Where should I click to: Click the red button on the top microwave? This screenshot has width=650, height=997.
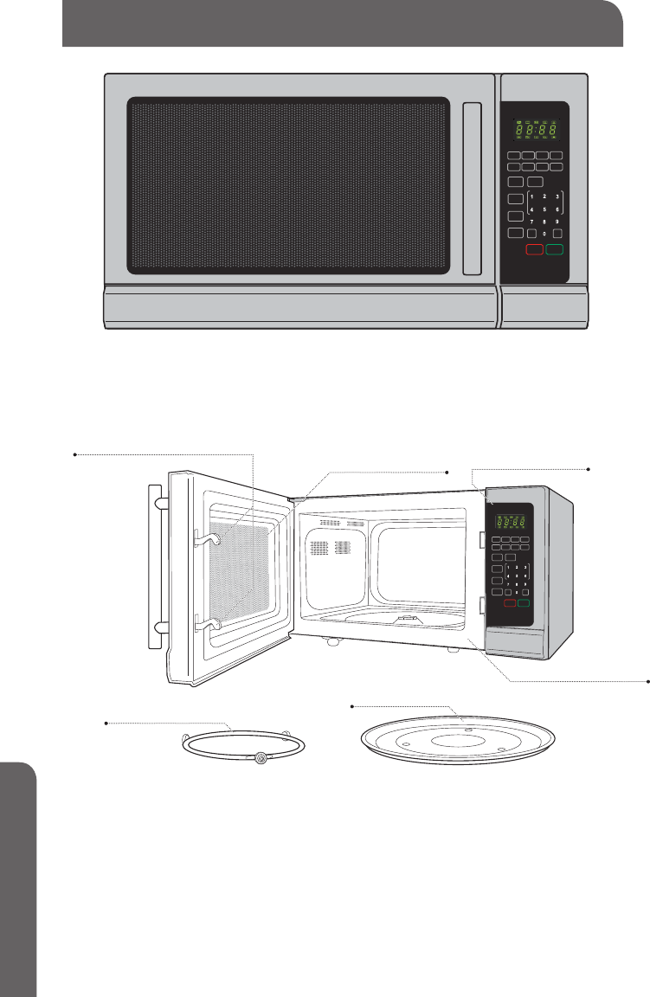(x=534, y=250)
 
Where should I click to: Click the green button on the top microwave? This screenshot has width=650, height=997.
(x=555, y=250)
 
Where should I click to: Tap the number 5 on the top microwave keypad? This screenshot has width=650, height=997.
(x=544, y=209)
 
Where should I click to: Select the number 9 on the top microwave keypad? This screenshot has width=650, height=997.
(x=557, y=221)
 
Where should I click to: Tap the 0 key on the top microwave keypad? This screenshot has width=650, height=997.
(x=544, y=234)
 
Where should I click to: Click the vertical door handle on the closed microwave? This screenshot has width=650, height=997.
(x=472, y=188)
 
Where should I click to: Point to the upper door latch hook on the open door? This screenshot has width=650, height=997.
(x=208, y=539)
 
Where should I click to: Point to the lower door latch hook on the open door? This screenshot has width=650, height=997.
(x=207, y=620)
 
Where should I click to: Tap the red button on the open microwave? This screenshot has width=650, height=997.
(x=510, y=602)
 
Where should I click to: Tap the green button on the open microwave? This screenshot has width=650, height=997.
(x=524, y=602)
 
